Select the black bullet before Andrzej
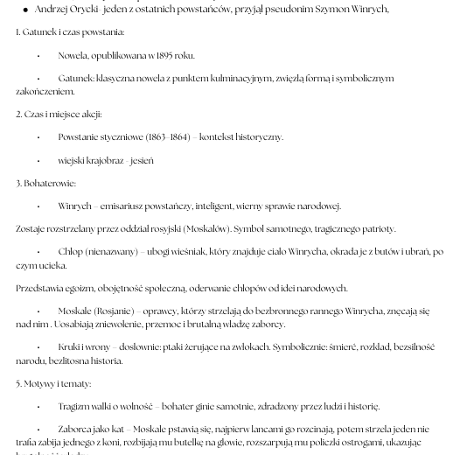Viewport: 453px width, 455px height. [x=25, y=10]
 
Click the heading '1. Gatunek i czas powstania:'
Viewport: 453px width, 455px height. [x=70, y=32]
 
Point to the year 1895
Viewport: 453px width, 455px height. [x=163, y=55]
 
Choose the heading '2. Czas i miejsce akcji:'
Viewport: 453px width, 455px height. [x=59, y=114]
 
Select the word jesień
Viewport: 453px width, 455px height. [x=142, y=160]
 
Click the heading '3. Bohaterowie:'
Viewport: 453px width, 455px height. [x=45, y=183]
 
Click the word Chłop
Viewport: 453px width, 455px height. [x=71, y=251]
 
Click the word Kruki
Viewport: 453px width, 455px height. [x=70, y=346]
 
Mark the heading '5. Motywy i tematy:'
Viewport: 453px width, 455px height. [x=53, y=383]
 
